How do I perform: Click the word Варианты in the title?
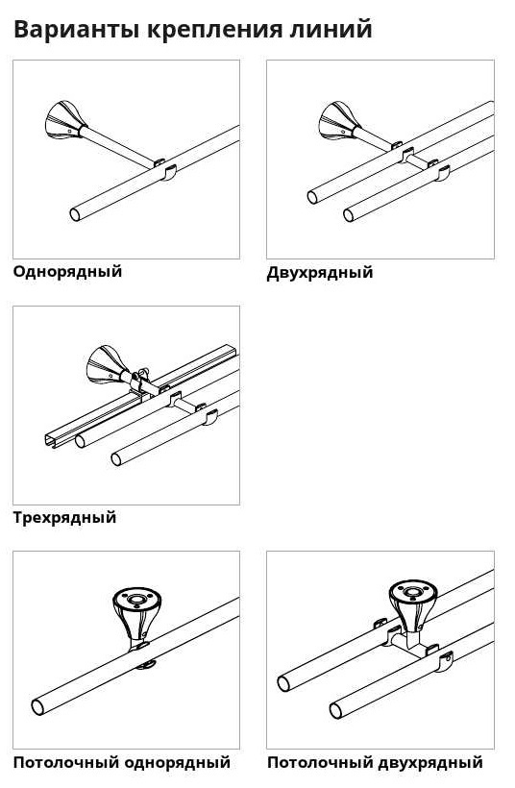tap(76, 29)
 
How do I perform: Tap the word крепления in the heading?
tap(214, 30)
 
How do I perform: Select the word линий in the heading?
tap(331, 29)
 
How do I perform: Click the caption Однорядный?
tap(67, 272)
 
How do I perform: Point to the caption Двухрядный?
tap(320, 273)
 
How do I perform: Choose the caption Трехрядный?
tap(64, 518)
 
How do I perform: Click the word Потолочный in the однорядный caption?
tap(65, 763)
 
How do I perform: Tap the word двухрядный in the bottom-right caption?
tap(430, 763)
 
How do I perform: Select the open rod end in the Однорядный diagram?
tap(75, 214)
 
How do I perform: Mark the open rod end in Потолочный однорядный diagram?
tap(37, 707)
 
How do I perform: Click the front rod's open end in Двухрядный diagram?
tap(348, 215)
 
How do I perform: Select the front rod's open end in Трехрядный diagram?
tap(116, 458)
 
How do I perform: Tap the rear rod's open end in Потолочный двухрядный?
tap(283, 683)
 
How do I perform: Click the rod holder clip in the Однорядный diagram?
tap(170, 171)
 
